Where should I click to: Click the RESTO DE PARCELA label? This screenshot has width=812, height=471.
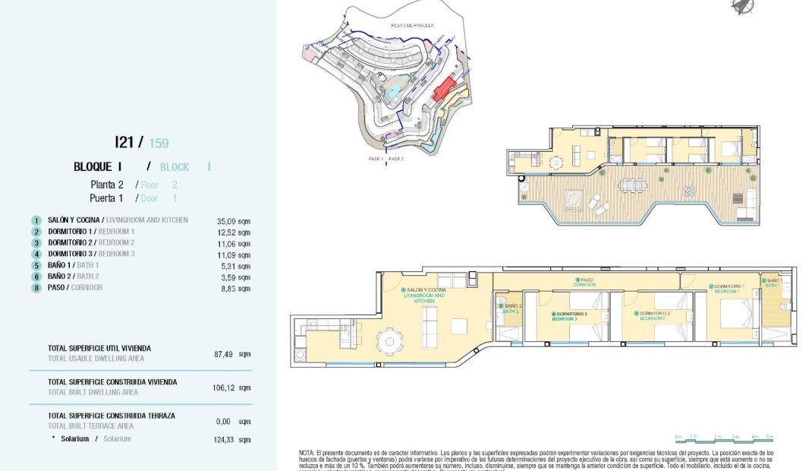tap(412, 25)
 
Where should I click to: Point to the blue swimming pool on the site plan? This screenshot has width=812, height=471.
tap(393, 94)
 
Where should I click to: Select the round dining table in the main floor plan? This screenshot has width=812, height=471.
tap(391, 341)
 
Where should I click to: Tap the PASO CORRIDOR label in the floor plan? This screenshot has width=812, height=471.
tap(585, 282)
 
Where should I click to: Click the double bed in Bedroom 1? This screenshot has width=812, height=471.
tap(735, 317)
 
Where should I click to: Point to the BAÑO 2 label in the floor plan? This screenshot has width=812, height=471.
tap(512, 308)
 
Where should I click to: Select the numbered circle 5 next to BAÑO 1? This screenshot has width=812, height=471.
tap(36, 266)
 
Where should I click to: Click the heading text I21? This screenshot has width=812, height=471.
tap(124, 141)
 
